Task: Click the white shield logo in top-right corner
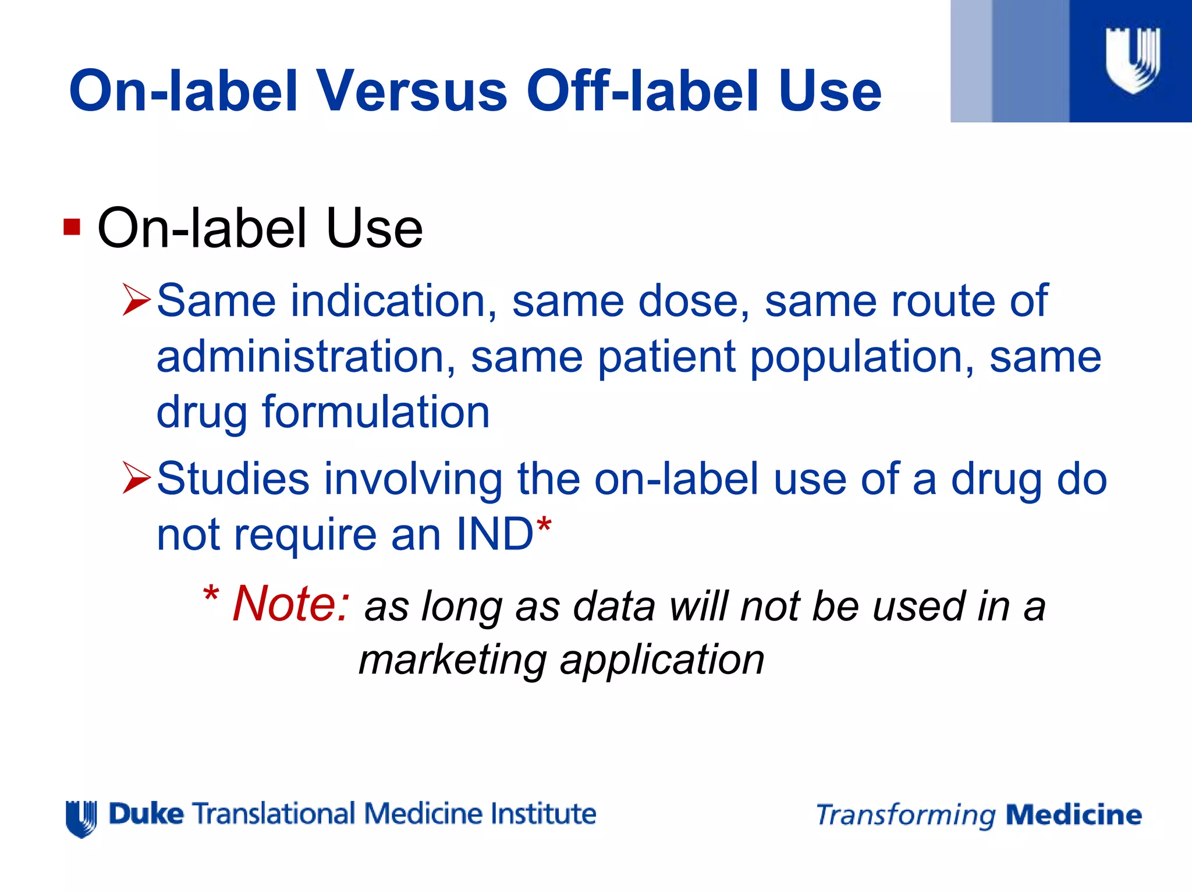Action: coord(1133,61)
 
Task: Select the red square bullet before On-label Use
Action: coord(72,227)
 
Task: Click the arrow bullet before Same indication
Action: coord(137,300)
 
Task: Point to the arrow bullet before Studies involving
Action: coord(137,478)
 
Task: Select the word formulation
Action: coord(376,412)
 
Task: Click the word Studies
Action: coord(233,479)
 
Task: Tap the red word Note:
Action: coord(291,604)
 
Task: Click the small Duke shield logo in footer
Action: coord(81,818)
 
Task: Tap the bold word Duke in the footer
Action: coord(146,814)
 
